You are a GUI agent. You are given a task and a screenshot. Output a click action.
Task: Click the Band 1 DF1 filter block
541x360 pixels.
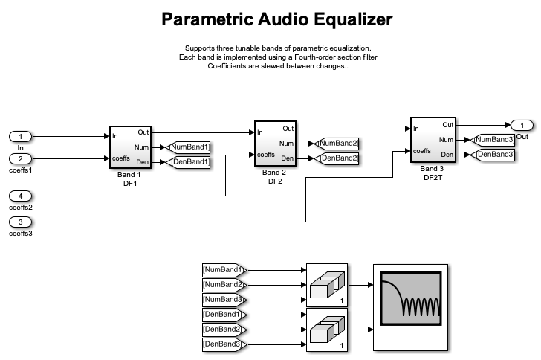pos(131,147)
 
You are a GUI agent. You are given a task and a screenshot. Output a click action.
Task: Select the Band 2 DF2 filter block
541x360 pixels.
pos(276,144)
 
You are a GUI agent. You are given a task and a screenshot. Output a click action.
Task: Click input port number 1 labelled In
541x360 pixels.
pos(21,136)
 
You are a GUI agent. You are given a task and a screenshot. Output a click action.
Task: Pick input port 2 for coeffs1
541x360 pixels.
pos(21,158)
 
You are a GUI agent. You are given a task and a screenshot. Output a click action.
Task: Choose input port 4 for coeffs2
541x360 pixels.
pos(21,196)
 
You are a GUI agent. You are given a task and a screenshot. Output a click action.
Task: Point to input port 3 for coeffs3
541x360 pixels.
pos(21,222)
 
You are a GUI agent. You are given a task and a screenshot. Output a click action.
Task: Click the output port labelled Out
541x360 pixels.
pos(522,125)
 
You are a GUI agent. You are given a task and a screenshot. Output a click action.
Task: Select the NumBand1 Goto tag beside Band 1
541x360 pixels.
pos(189,147)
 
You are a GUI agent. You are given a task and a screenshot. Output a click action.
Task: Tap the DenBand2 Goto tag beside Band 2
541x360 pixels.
pos(337,158)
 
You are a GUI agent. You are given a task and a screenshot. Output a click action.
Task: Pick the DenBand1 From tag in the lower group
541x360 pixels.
pos(224,314)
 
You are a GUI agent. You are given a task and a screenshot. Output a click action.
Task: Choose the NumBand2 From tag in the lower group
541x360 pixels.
pos(224,284)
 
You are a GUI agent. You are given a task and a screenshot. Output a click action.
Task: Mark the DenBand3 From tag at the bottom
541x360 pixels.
pos(224,344)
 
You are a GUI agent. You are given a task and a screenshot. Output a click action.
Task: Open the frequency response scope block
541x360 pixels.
pos(410,306)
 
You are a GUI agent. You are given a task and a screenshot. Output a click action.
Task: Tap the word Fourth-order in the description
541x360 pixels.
pos(308,57)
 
